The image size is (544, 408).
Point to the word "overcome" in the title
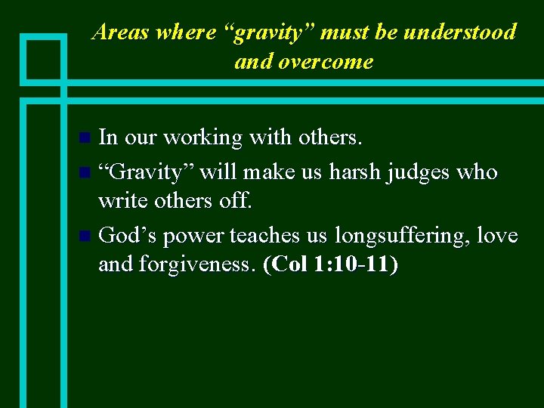coord(327,62)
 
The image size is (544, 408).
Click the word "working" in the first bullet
coord(202,138)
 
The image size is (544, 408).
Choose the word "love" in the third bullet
coord(498,236)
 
